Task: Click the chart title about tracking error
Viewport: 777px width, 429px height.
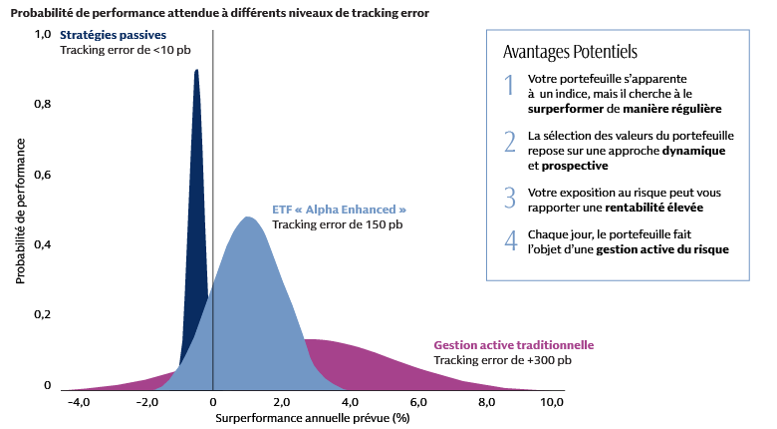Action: point(219,14)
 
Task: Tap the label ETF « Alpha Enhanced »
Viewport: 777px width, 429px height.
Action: point(339,210)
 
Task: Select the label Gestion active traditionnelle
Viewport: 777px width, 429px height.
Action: point(514,345)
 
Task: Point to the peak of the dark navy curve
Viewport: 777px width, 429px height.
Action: point(196,71)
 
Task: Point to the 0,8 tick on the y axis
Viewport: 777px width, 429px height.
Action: point(43,104)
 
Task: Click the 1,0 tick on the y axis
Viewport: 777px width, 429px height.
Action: point(43,34)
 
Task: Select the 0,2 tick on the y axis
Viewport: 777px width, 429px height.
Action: point(43,315)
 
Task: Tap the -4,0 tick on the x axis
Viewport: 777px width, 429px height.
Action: point(78,402)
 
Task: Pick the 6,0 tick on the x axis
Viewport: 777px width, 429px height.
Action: point(418,402)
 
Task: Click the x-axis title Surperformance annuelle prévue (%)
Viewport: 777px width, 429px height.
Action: point(313,418)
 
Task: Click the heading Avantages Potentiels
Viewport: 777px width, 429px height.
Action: point(571,51)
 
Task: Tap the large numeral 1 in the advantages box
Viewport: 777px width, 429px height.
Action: point(509,86)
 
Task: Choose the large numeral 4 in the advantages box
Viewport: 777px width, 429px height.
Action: point(510,241)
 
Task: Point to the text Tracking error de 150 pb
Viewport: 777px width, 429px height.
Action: point(338,224)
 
